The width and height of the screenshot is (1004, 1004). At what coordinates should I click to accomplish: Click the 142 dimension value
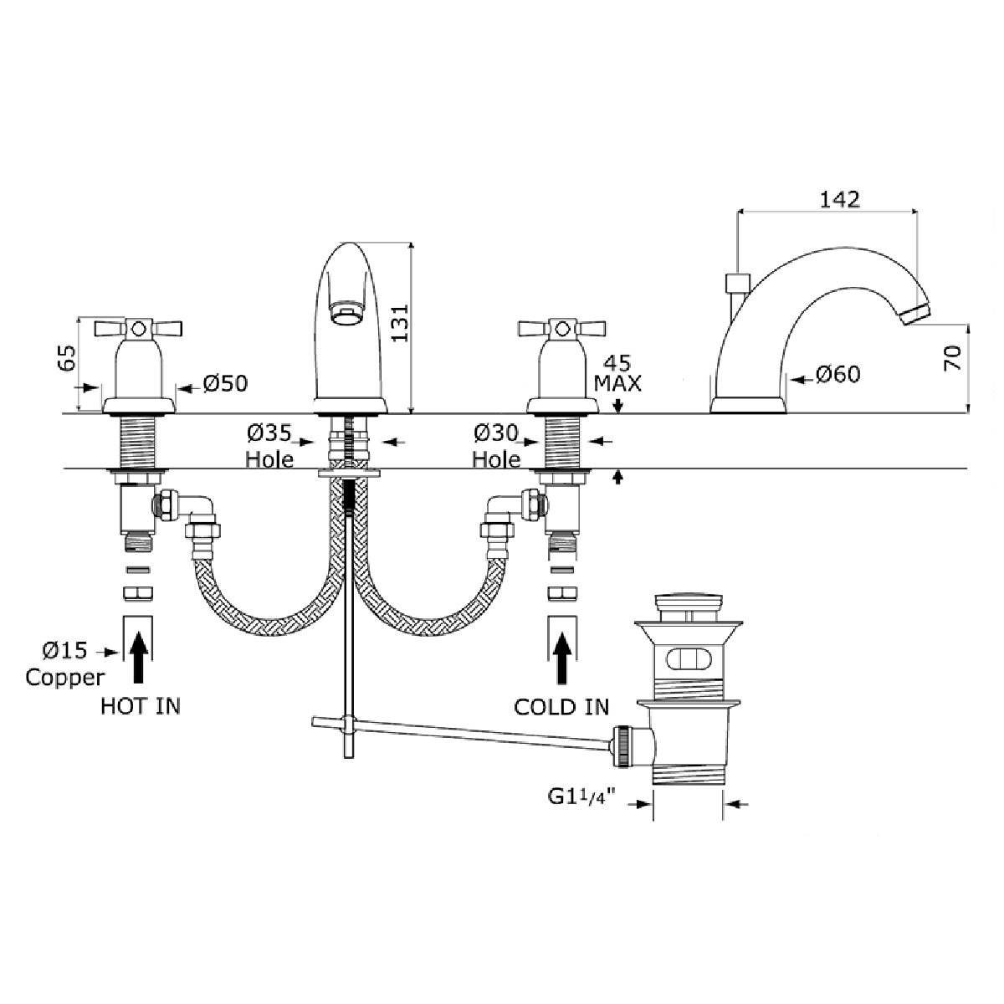[x=839, y=199]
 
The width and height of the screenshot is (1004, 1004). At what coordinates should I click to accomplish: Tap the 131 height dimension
[x=400, y=323]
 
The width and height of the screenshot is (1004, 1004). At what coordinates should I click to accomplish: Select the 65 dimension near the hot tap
[x=67, y=358]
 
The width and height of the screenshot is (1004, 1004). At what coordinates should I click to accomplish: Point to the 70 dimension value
[x=951, y=358]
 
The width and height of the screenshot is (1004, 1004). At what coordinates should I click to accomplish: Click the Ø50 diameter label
[x=225, y=384]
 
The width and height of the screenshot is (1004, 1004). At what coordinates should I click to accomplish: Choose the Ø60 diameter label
[x=838, y=375]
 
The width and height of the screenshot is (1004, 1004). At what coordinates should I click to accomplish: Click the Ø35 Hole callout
[x=269, y=446]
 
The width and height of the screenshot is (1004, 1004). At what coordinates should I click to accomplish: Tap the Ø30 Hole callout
[x=496, y=446]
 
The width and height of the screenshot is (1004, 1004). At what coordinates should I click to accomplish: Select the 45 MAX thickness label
[x=617, y=373]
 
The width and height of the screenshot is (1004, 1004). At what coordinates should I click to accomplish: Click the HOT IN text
[x=141, y=706]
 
